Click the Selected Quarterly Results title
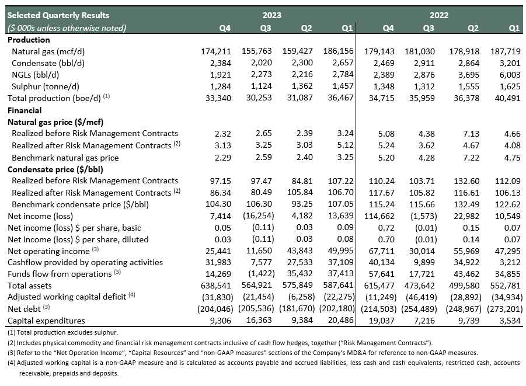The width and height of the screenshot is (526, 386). tap(58, 15)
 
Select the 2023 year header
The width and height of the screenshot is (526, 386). tap(271, 15)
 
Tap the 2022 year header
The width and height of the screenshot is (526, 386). tap(439, 15)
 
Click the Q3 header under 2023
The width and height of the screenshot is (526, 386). tap(266, 28)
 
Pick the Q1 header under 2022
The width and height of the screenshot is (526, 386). tap(514, 28)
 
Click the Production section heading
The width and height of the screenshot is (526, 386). tap(29, 40)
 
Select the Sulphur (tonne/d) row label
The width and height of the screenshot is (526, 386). tap(46, 86)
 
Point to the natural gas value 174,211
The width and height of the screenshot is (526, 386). tap(215, 52)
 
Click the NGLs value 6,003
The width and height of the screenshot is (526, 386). tap(510, 75)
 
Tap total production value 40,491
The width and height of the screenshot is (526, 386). tap(507, 98)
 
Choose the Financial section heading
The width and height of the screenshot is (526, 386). tap(25, 110)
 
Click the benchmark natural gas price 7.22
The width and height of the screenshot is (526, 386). tap(471, 158)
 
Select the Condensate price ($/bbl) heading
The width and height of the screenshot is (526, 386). tap(55, 169)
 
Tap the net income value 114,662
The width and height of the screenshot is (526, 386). tap(379, 216)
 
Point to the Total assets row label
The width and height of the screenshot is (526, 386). tap(30, 286)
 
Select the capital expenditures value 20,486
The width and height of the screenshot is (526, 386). tap(340, 321)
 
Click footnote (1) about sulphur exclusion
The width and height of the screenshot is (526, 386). tap(62, 333)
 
